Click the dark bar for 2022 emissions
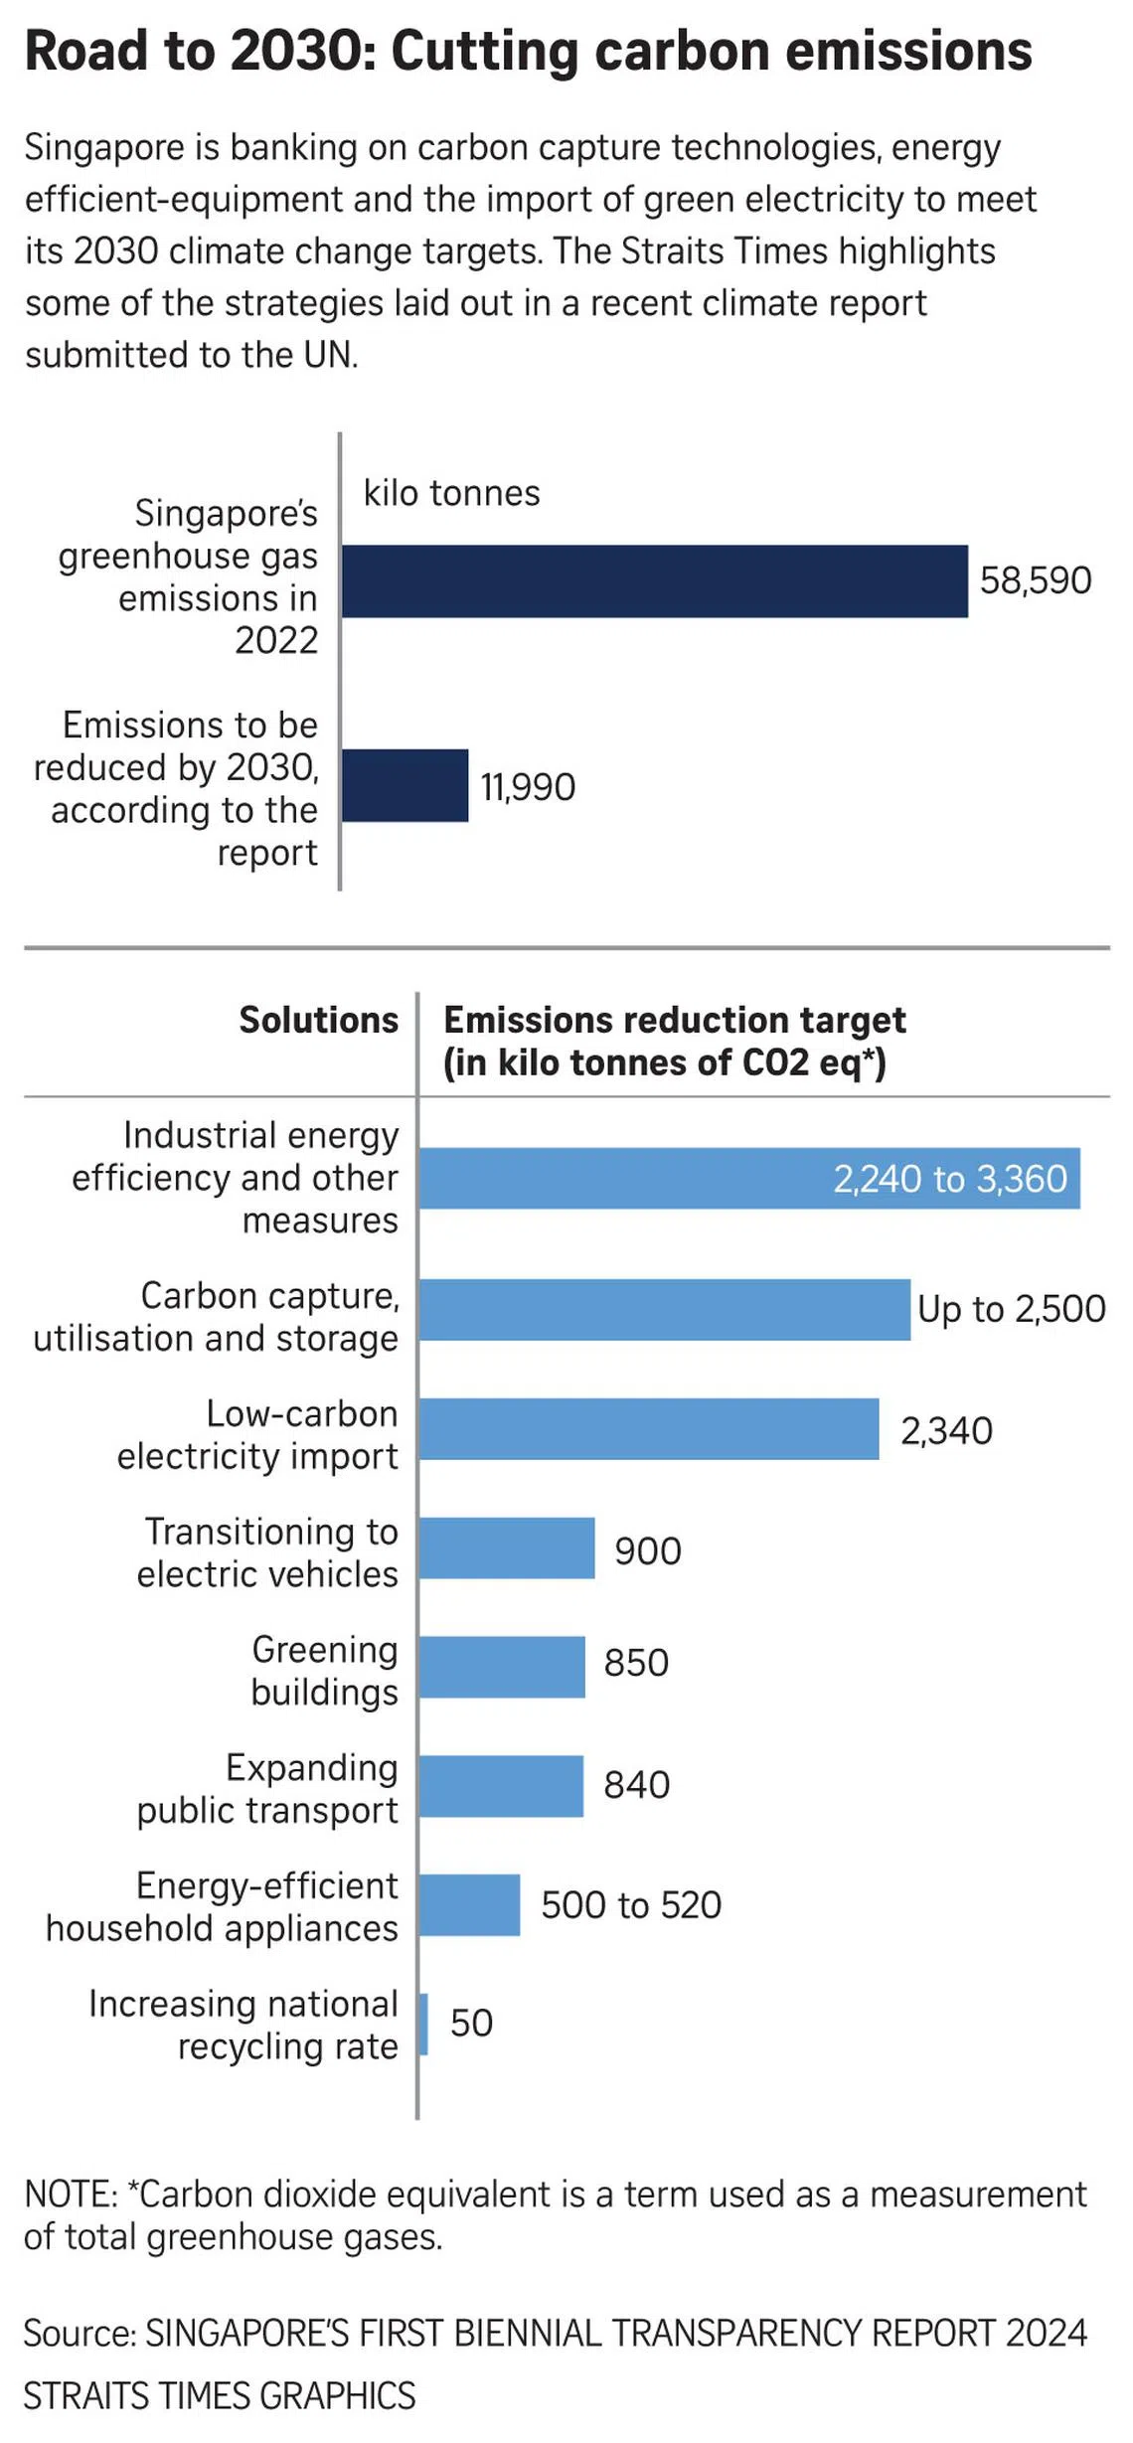(x=654, y=581)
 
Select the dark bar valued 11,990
(x=405, y=785)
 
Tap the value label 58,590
(x=1036, y=580)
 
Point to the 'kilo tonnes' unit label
(x=451, y=493)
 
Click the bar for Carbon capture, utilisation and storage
(x=664, y=1309)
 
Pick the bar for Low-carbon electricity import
(x=648, y=1428)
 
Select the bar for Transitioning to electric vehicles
(x=507, y=1547)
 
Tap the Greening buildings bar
(x=502, y=1667)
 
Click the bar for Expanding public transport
(x=501, y=1785)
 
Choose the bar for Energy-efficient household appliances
(x=469, y=1904)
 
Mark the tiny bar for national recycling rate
(x=423, y=2024)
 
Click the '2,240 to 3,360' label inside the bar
(x=950, y=1179)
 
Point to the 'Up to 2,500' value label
(x=1011, y=1309)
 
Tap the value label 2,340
(x=946, y=1430)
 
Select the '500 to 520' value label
(x=631, y=1904)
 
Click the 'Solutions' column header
(x=318, y=1020)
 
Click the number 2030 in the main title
(x=302, y=52)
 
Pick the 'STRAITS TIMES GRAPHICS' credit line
(x=220, y=2395)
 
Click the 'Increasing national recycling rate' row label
(x=243, y=2025)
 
